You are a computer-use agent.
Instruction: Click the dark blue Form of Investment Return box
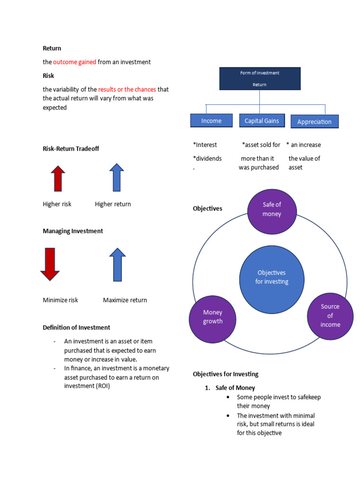tap(259, 79)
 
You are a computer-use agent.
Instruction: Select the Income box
tap(211, 121)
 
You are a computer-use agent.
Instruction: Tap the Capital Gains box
tap(262, 121)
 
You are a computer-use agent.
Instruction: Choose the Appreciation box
tap(314, 122)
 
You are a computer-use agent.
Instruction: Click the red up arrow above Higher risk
tap(58, 179)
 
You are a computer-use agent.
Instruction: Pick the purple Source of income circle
tap(330, 315)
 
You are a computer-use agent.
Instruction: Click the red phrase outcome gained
tap(74, 62)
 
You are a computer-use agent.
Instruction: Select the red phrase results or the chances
tap(127, 90)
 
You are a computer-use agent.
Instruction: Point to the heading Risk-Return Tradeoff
tap(71, 149)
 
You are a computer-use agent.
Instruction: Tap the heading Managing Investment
tap(73, 231)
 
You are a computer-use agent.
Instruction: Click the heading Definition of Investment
tap(76, 327)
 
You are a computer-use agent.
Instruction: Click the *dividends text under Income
tap(208, 159)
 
